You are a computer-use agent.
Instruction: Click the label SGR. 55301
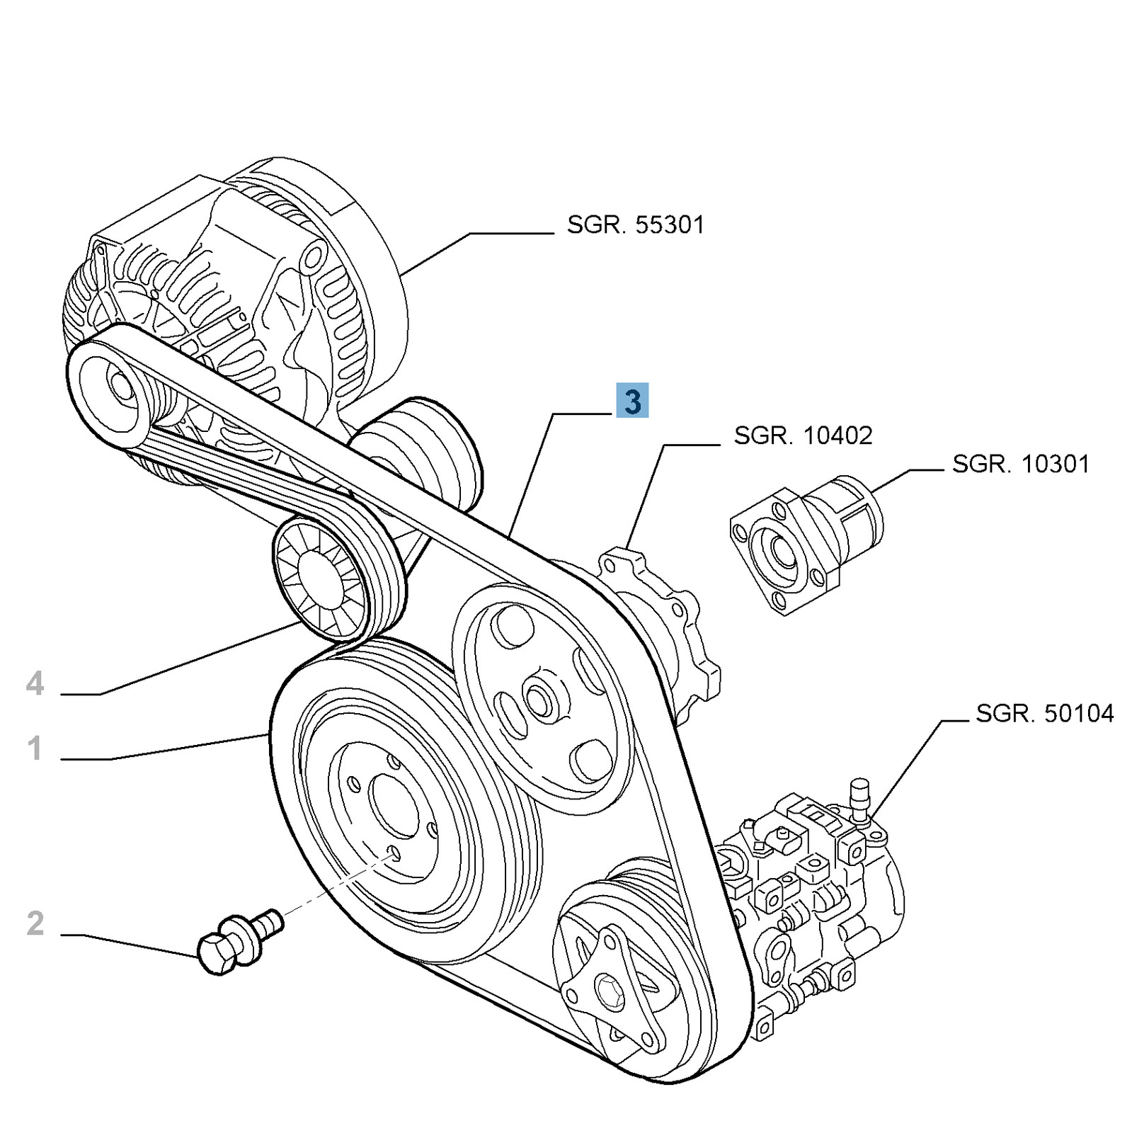(x=635, y=226)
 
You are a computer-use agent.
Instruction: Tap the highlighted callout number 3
(x=632, y=401)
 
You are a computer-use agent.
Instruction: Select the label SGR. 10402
(x=803, y=435)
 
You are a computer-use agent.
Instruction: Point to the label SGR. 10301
(x=1020, y=465)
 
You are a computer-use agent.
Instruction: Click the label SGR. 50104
(x=1044, y=714)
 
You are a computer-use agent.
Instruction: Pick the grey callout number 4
(x=35, y=684)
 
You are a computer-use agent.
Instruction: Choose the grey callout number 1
(x=35, y=749)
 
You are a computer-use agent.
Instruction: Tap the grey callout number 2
(x=35, y=923)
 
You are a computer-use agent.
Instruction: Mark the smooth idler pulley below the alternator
(x=418, y=453)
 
